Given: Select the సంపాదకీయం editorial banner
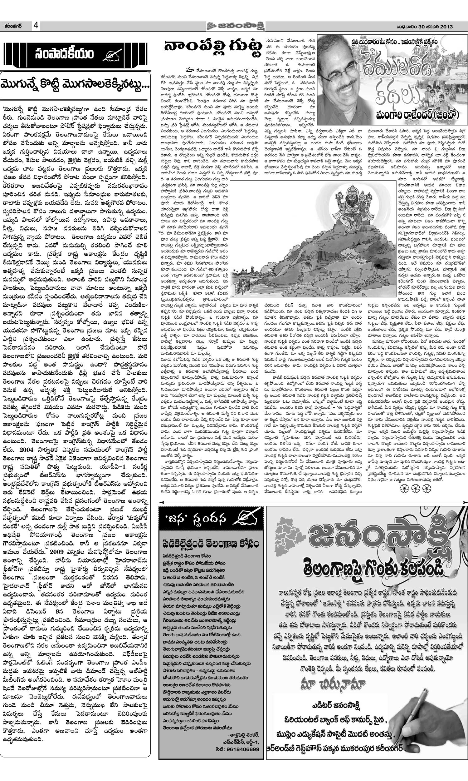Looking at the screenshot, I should click(75, 54).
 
